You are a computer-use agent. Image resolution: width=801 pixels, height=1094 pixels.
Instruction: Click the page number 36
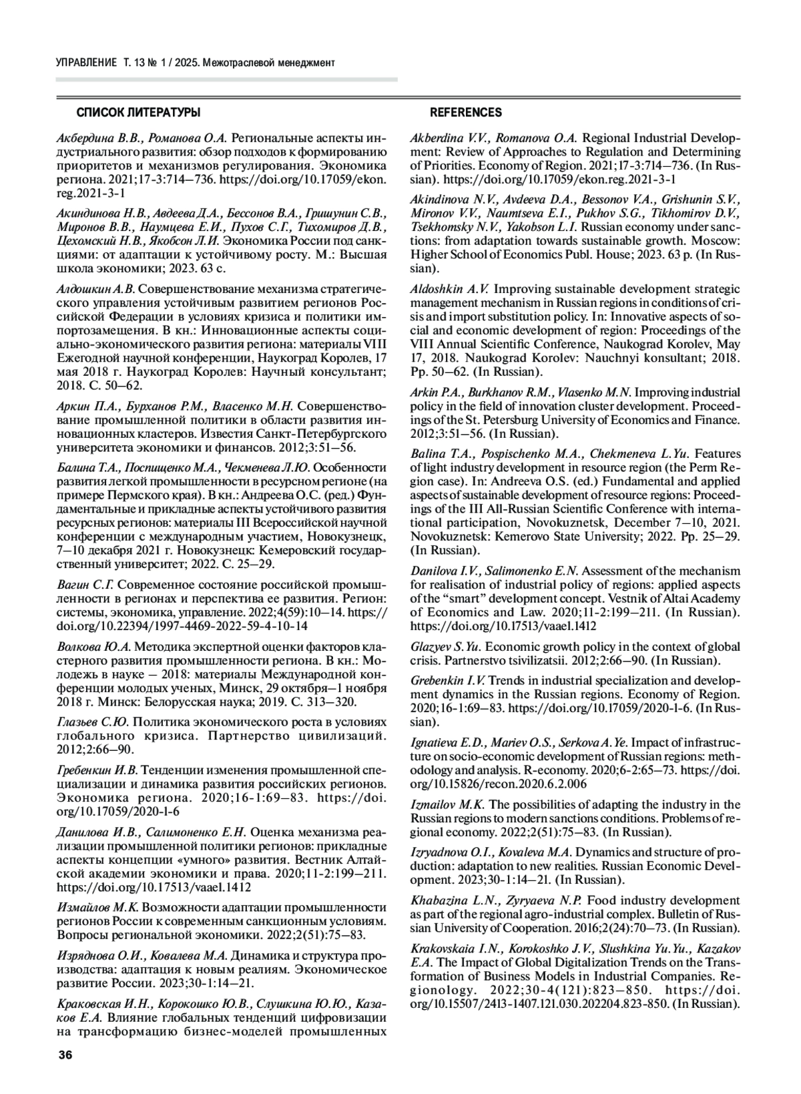click(x=65, y=1055)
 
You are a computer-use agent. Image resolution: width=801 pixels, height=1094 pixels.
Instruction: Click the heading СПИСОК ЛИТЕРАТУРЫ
click(x=138, y=112)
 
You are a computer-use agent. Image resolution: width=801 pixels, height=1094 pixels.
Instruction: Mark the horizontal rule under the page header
click(x=226, y=79)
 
